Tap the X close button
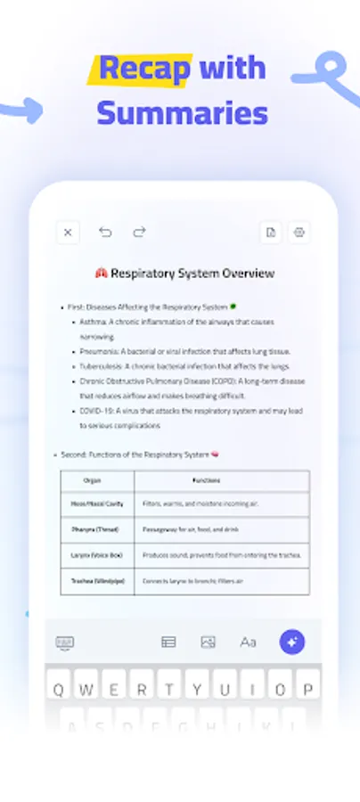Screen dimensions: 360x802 pyautogui.click(x=68, y=233)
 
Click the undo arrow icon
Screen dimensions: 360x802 pyautogui.click(x=105, y=233)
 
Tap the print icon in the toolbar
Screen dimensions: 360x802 pyautogui.click(x=299, y=233)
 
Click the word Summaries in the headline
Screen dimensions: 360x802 pyautogui.click(x=182, y=113)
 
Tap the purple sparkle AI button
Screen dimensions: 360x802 pyautogui.click(x=292, y=642)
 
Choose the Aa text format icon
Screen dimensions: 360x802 pyautogui.click(x=248, y=642)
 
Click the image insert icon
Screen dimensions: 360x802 pyautogui.click(x=209, y=642)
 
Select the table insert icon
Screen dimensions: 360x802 pyautogui.click(x=168, y=642)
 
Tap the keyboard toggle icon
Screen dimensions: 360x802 pyautogui.click(x=65, y=642)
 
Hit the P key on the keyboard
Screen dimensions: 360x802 pyautogui.click(x=307, y=690)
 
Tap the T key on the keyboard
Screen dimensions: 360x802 pyautogui.click(x=169, y=690)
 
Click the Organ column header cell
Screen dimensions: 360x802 pyautogui.click(x=97, y=480)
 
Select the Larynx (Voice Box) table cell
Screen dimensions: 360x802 pyautogui.click(x=97, y=554)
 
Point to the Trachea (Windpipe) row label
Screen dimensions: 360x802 pyautogui.click(x=97, y=581)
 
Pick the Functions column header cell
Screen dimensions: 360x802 pyautogui.click(x=222, y=480)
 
